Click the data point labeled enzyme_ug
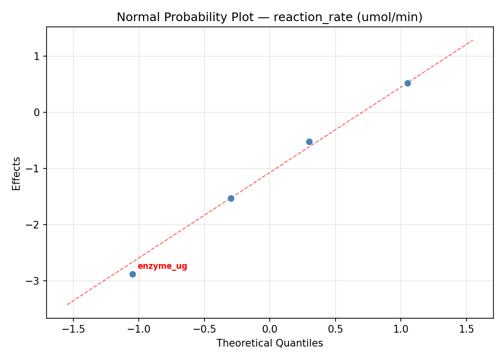tap(132, 274)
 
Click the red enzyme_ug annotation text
tap(162, 266)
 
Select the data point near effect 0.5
tap(408, 83)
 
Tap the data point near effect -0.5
tap(309, 142)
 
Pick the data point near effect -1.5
tap(231, 198)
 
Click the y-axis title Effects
tap(17, 173)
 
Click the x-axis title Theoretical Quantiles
tap(269, 343)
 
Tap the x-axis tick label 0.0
tap(269, 330)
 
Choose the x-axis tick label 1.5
tap(466, 330)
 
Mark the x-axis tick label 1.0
tap(401, 330)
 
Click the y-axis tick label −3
tap(35, 281)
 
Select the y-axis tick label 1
tap(37, 56)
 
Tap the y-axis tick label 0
tap(37, 112)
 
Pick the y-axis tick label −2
tap(35, 225)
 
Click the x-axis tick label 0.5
tap(335, 330)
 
